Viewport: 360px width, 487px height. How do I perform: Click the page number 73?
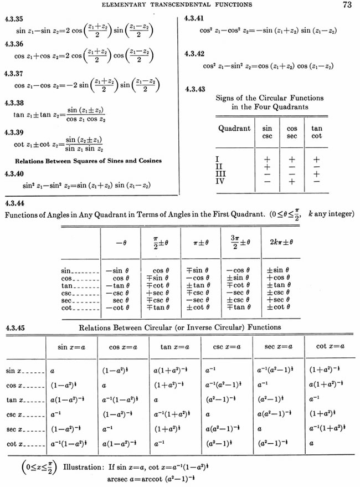348,6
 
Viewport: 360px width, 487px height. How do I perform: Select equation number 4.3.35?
13,19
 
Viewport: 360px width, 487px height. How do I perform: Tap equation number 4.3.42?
195,54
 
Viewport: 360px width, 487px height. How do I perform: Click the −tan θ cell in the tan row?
117,285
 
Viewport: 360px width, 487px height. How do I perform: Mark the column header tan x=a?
174,346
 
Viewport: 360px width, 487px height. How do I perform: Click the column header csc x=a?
227,346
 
